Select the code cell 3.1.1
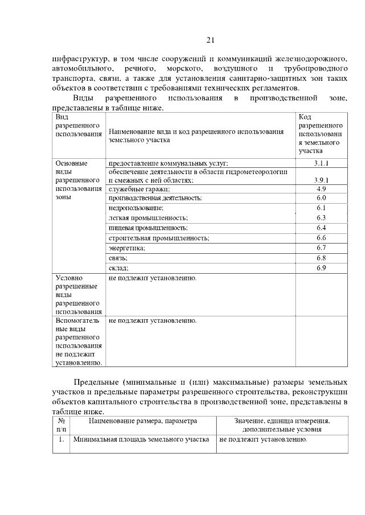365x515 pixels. (321, 163)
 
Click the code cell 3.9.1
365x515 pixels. (321, 180)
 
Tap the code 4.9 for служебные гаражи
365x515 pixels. (321, 188)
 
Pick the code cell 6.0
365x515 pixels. (321, 198)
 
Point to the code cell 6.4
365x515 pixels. (321, 228)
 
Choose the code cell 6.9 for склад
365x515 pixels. (321, 267)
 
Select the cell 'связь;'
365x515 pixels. (119, 258)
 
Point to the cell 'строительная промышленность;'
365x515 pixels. (159, 238)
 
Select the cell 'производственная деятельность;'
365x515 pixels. (156, 198)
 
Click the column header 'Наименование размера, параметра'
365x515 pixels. (143, 421)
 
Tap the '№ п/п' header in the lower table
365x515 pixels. (61, 425)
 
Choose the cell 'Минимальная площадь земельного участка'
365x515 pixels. (141, 440)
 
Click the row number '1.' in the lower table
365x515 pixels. (60, 440)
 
